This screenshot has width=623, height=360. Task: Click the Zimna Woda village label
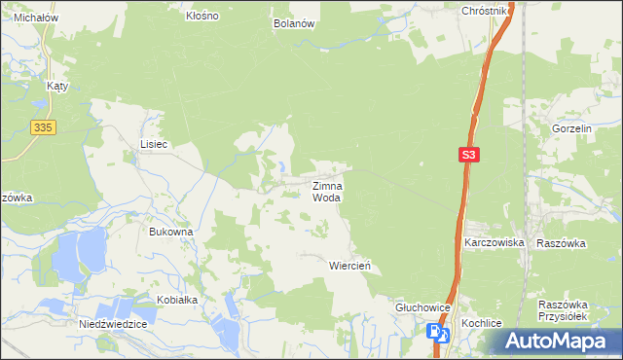click(x=326, y=191)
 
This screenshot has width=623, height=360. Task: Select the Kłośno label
click(x=202, y=17)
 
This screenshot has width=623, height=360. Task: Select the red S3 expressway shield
click(x=469, y=155)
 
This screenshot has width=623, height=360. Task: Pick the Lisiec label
click(x=154, y=144)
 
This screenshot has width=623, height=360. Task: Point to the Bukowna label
click(x=170, y=233)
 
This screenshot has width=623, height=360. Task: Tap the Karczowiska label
click(x=495, y=242)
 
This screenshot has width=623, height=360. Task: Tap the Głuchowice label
click(x=422, y=306)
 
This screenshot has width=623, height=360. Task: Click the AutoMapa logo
click(x=558, y=342)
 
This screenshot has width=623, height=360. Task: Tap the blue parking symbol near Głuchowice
click(x=433, y=332)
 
